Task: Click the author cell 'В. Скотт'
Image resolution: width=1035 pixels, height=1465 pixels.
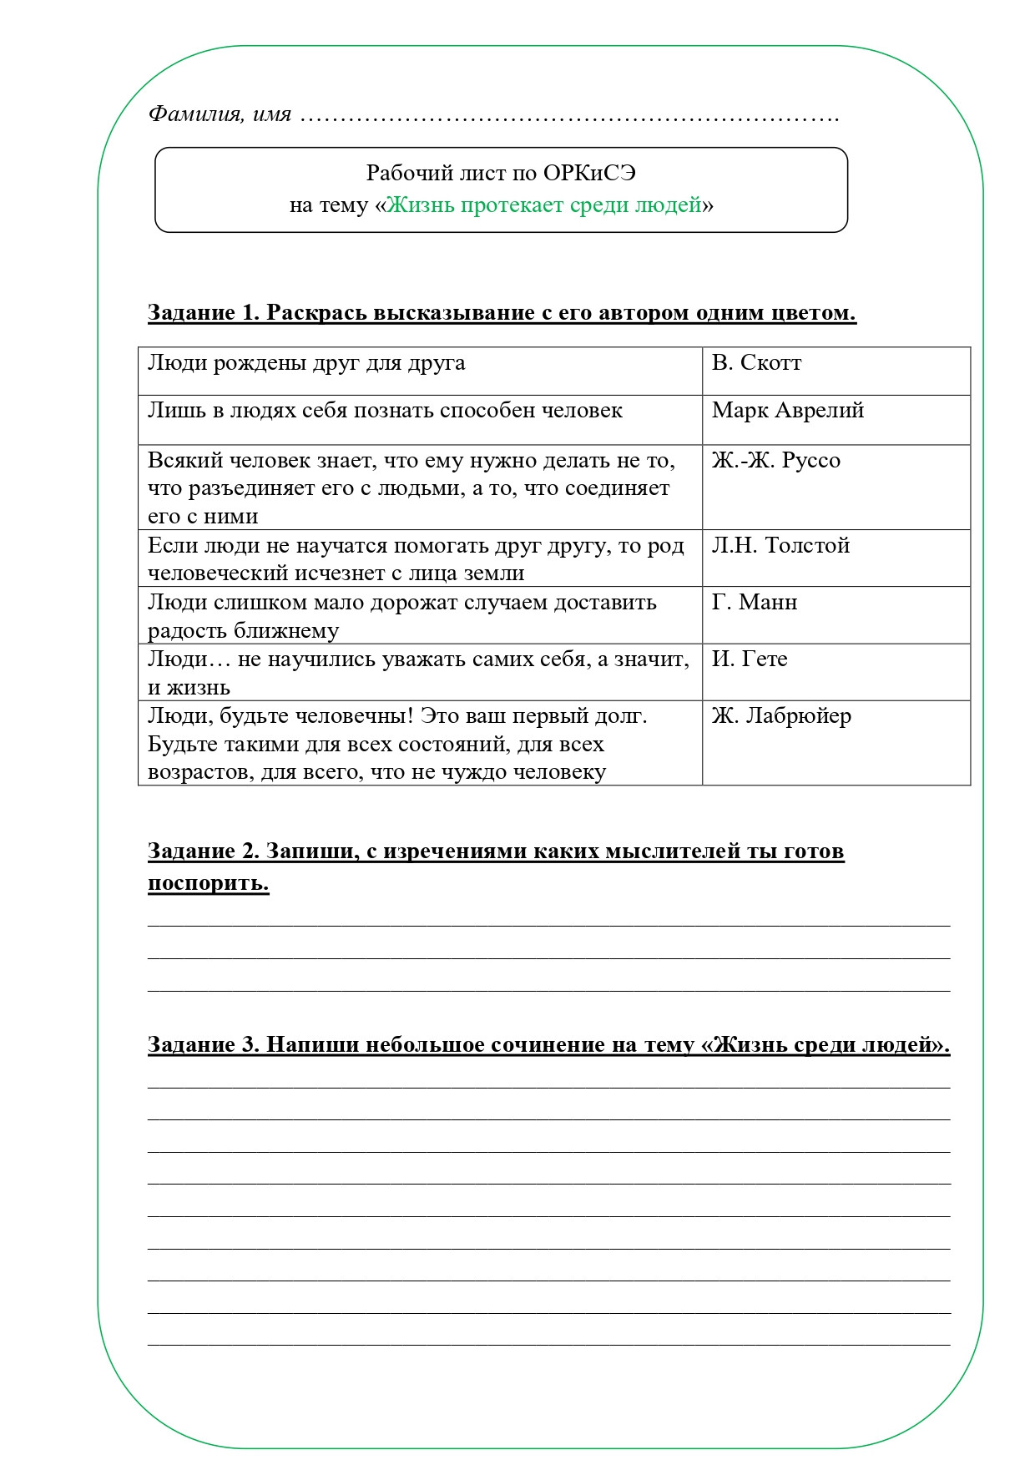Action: point(756,363)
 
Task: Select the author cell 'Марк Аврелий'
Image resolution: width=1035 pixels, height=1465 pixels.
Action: point(787,411)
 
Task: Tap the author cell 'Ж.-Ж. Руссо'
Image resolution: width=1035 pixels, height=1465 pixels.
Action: point(775,461)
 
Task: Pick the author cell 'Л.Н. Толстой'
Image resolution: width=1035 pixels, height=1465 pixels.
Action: point(780,546)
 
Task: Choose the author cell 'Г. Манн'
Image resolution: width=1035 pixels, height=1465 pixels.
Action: point(755,603)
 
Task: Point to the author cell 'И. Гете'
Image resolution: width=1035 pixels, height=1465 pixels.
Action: point(749,659)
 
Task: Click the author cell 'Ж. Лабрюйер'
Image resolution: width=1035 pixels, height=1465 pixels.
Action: point(781,716)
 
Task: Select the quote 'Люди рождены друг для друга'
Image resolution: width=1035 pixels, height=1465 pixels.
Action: point(306,363)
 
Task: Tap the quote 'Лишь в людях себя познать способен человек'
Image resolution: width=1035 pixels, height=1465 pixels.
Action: point(385,411)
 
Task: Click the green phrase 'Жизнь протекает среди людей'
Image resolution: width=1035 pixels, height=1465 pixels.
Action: point(543,205)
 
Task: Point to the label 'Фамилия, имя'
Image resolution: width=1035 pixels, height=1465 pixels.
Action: point(220,114)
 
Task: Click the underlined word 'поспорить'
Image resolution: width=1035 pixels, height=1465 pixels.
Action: point(208,883)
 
